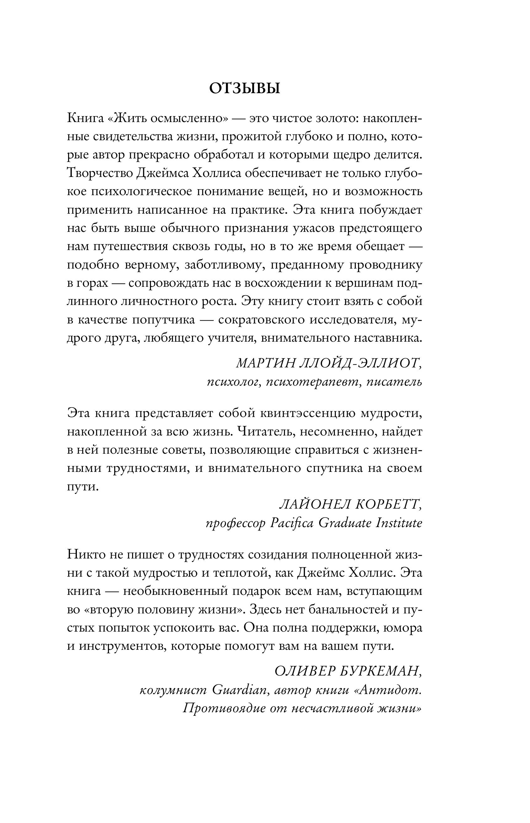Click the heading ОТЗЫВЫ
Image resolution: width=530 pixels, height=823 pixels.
click(x=245, y=89)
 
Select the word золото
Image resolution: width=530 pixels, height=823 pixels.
click(x=334, y=118)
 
